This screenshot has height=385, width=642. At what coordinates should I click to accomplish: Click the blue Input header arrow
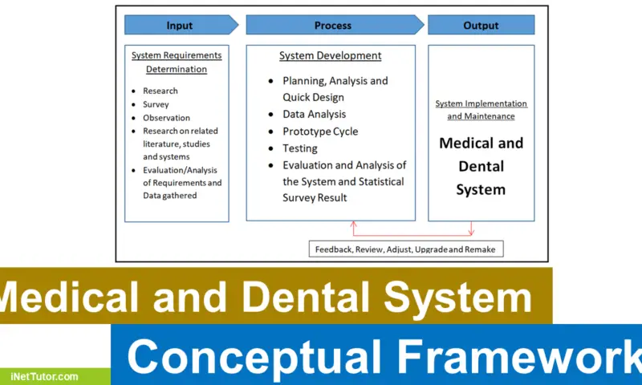click(x=181, y=25)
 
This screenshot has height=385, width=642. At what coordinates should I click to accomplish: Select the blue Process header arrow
click(x=333, y=25)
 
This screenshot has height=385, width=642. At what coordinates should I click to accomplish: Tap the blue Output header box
click(x=481, y=25)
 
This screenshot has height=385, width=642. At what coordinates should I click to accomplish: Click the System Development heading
click(x=330, y=55)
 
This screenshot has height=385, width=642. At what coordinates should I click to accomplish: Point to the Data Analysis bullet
click(x=314, y=115)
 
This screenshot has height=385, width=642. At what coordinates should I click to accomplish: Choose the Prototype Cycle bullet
click(x=320, y=132)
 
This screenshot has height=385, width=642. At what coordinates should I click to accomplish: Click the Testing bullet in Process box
click(x=299, y=148)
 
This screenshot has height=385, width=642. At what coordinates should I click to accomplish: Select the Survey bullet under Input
click(x=156, y=104)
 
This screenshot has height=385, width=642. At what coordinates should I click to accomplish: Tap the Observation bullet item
click(x=166, y=118)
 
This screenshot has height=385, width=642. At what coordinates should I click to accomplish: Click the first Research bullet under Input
click(x=160, y=91)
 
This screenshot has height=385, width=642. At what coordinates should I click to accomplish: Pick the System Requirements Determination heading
click(x=176, y=62)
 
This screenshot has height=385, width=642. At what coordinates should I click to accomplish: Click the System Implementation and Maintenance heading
click(x=481, y=110)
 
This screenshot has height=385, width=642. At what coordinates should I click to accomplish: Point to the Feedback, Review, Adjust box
click(x=406, y=249)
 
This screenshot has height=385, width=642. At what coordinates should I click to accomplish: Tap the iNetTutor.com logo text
click(x=44, y=376)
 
